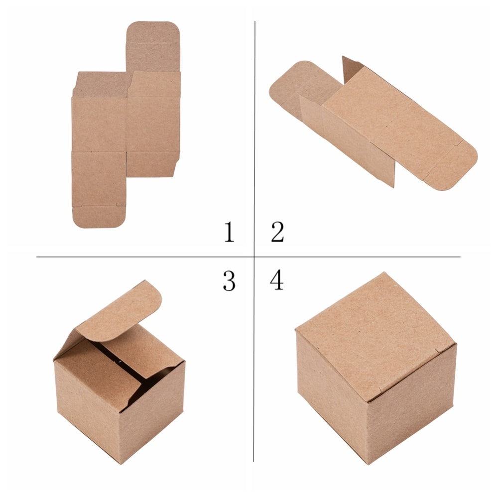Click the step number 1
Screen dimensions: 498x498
click(x=229, y=232)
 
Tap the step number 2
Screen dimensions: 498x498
click(x=277, y=232)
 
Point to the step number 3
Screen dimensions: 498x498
click(x=229, y=281)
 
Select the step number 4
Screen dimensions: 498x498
click(x=276, y=280)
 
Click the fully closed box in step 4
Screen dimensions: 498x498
click(x=376, y=369)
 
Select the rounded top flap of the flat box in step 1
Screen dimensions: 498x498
click(x=153, y=46)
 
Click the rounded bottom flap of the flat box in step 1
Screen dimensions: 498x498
click(x=99, y=216)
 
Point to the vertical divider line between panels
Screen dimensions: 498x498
click(x=254, y=242)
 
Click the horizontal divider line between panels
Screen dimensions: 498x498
click(x=249, y=256)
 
